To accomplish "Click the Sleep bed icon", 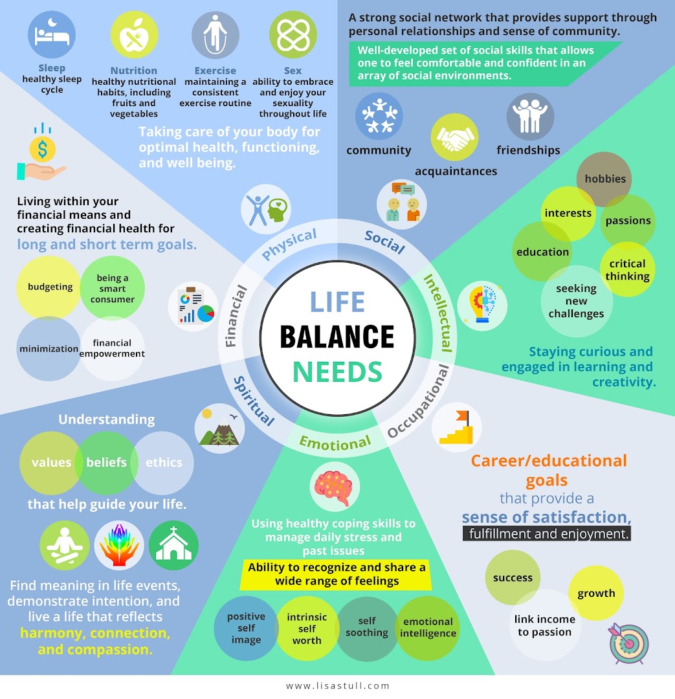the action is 52,35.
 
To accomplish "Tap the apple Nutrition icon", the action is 134,35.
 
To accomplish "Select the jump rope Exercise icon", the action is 216,35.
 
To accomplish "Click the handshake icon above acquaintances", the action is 454,137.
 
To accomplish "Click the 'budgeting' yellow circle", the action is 50,287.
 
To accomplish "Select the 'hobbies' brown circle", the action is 604,179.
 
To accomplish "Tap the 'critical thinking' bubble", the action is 627,270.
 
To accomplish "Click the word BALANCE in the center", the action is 337,337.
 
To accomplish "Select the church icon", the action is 173,545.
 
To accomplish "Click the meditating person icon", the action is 64,545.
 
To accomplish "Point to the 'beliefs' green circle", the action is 106,462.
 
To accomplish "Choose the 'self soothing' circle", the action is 367,627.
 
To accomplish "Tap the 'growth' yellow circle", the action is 596,593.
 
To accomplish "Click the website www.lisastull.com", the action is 338,686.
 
